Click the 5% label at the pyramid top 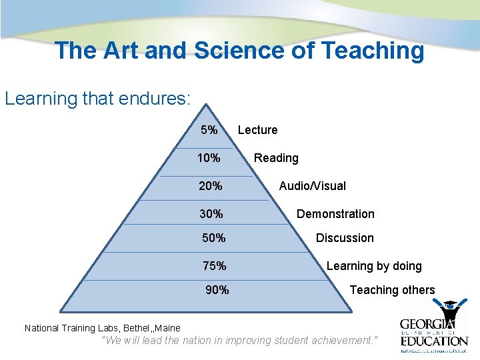coord(209,130)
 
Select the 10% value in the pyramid coord(209,158)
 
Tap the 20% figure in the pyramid coord(211,186)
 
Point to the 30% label coord(211,214)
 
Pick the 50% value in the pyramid coord(214,238)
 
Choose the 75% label coord(214,266)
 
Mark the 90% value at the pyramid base coord(217,290)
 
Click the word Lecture coord(257,130)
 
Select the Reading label coord(276,158)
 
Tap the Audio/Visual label coord(312,186)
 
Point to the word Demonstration coord(335,214)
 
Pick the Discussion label coord(345,238)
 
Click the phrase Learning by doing coord(374,266)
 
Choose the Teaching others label coord(392,290)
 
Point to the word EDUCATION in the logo coord(434,341)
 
